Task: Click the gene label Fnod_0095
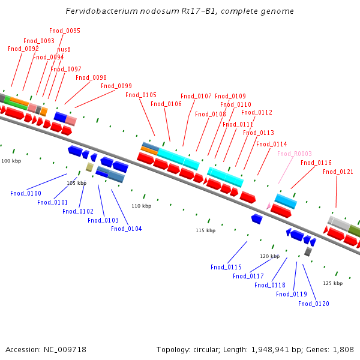65,31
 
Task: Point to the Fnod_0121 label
338,172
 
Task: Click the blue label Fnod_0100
26,193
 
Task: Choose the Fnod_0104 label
127,229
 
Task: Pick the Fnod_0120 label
314,304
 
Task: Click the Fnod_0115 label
226,267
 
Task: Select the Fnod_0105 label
141,95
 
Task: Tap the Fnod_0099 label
116,86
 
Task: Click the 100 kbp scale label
11,161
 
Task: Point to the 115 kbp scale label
205,230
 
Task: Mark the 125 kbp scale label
333,283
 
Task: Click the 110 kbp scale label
142,206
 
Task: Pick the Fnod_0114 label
271,144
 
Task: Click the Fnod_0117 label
248,276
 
